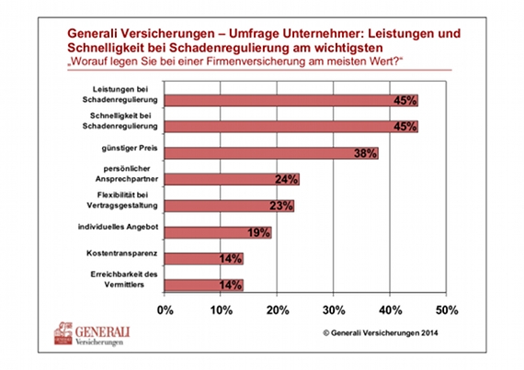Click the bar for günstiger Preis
click(x=271, y=153)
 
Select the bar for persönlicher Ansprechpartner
click(x=232, y=180)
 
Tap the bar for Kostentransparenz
click(x=204, y=259)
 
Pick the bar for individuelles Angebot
click(x=218, y=232)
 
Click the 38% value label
click(x=365, y=153)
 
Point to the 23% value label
click(x=281, y=206)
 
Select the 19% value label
click(x=258, y=232)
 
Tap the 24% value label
click(x=287, y=180)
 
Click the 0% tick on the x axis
click(x=165, y=310)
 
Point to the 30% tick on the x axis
click(x=334, y=310)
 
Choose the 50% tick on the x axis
click(x=447, y=310)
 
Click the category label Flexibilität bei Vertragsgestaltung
click(x=122, y=200)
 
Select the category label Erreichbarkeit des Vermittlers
click(x=124, y=279)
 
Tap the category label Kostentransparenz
click(x=121, y=253)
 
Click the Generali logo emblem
click(x=63, y=333)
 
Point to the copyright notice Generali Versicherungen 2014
click(x=381, y=332)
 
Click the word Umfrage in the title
click(x=255, y=34)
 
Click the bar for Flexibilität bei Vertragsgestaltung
click(x=229, y=206)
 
